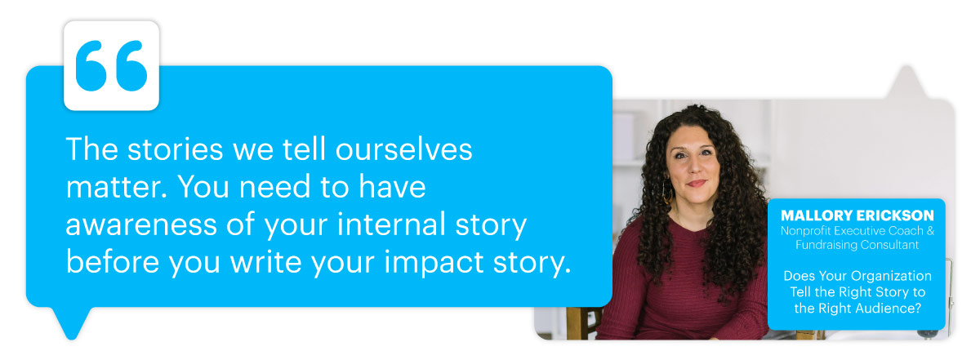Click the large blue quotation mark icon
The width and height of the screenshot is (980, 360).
coord(111,65)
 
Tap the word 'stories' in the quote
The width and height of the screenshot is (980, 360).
coord(175,149)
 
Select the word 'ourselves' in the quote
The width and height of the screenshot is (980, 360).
coord(403,149)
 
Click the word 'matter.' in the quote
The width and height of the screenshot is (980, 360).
coord(116,187)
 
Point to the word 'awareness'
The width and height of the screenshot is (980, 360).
coord(141,224)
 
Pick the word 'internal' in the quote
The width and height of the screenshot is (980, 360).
coord(391,224)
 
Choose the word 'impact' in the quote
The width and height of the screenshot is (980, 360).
coord(433,262)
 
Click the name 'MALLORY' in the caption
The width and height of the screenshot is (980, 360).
coord(817,216)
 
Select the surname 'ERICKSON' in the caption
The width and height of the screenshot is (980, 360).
coord(895,216)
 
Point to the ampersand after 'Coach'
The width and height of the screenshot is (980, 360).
coord(930,230)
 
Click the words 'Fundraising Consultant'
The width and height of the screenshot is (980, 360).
coord(857,245)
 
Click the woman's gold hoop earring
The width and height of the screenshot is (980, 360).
coord(667,193)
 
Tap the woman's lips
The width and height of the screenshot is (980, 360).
coord(697,184)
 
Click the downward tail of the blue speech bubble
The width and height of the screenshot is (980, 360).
coord(71,322)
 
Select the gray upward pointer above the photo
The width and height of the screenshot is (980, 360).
coord(906,82)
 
